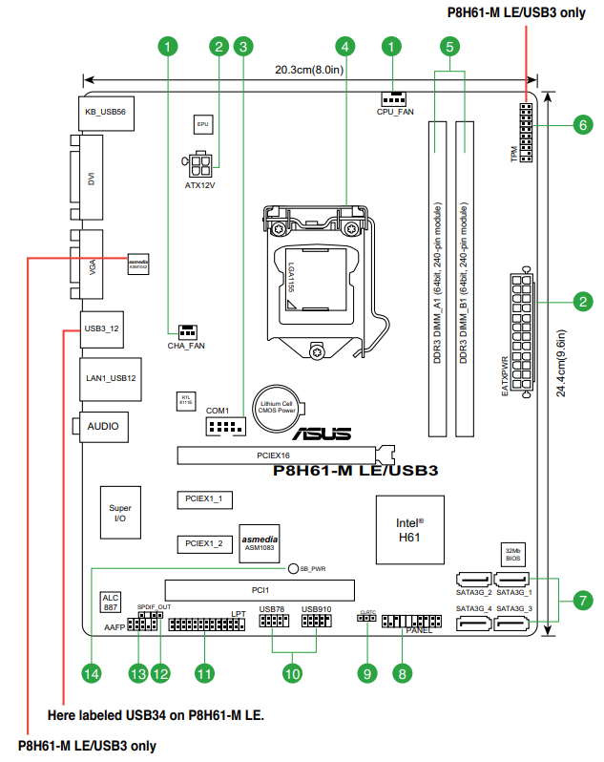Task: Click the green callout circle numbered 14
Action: tap(91, 673)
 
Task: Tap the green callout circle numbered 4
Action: tap(344, 46)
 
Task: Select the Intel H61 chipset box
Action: tap(410, 530)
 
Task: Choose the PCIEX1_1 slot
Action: tap(204, 498)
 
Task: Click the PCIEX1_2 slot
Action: tap(204, 542)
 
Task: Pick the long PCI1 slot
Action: tap(259, 590)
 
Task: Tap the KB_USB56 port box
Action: tap(106, 112)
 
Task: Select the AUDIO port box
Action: tap(103, 426)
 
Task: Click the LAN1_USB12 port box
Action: tap(111, 378)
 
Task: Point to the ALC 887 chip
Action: tap(111, 602)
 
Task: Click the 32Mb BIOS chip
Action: tap(513, 554)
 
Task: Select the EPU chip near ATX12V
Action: tap(202, 124)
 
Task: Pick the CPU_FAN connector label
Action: tap(395, 112)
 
